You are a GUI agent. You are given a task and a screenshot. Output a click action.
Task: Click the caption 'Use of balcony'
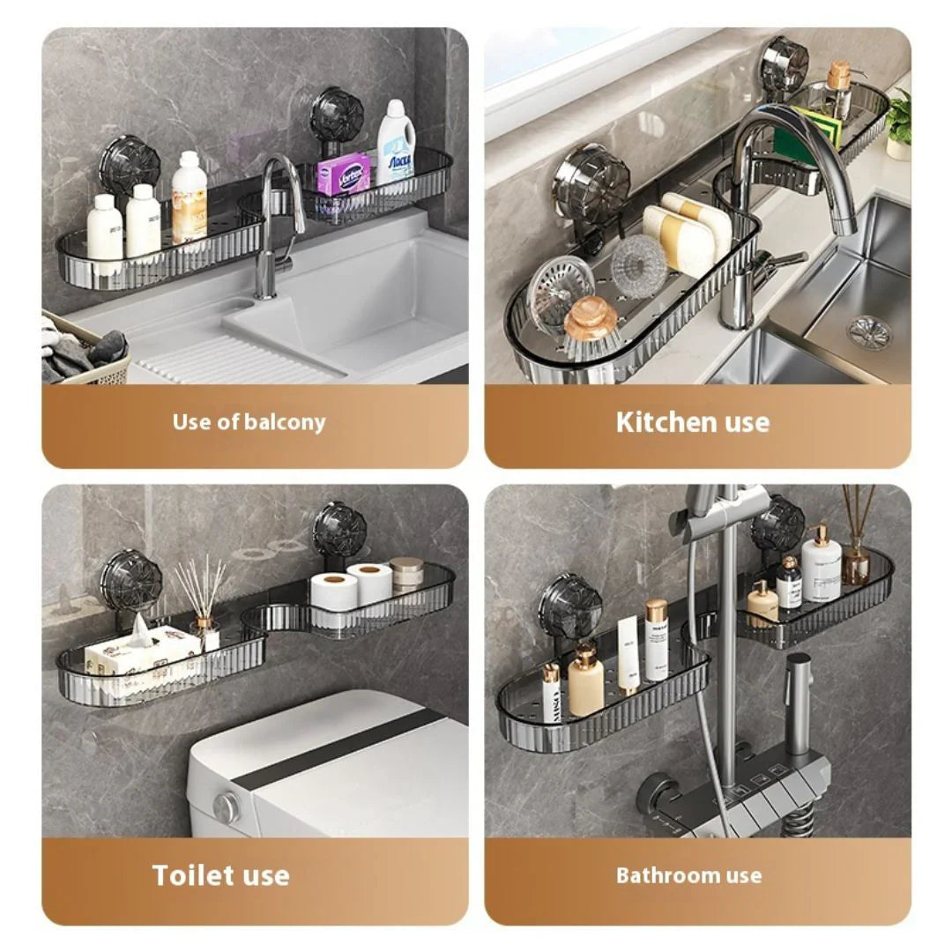point(249,421)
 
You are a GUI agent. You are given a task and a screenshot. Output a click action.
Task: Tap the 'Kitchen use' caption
point(692,421)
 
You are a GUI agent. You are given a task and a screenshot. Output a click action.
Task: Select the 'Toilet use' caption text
point(220,874)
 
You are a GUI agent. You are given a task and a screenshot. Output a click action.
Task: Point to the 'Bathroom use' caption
point(688,875)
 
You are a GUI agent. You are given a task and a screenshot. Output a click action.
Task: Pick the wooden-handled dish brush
point(591,326)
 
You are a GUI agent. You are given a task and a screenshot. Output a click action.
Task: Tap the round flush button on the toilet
point(227,804)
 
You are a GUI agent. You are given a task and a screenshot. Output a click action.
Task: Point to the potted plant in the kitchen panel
point(899,123)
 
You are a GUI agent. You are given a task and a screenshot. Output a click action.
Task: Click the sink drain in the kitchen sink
point(869,331)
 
